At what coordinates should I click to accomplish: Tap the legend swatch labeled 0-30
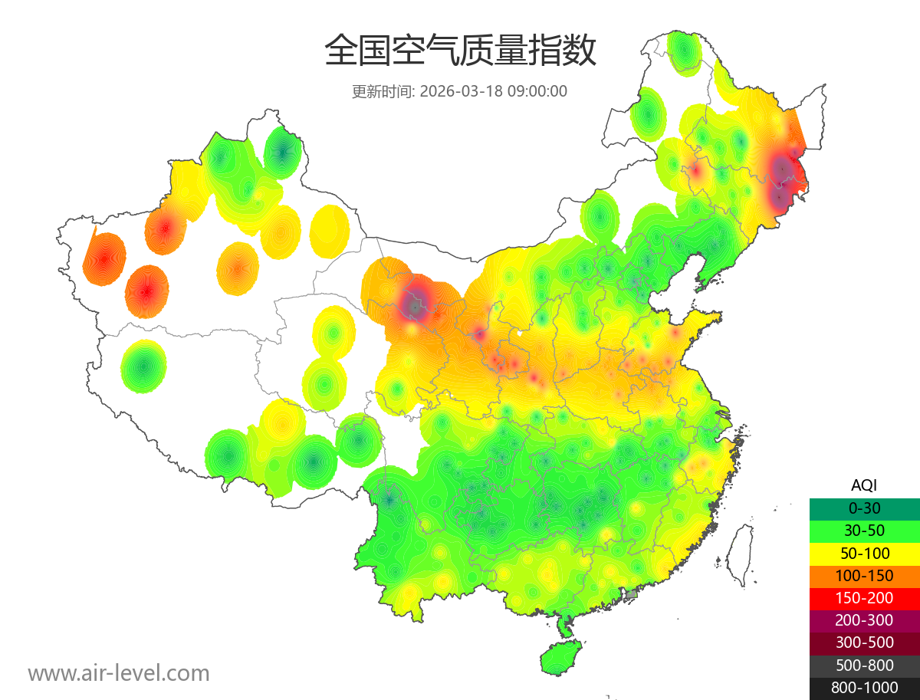[x=864, y=508]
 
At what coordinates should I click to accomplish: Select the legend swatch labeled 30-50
[x=864, y=531]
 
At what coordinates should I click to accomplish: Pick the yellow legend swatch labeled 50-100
[x=864, y=553]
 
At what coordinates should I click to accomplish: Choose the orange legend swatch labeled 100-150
[x=864, y=576]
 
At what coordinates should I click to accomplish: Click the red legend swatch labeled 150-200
[x=864, y=598]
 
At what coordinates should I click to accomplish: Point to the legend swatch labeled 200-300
[x=864, y=620]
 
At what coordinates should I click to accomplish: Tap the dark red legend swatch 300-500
[x=864, y=643]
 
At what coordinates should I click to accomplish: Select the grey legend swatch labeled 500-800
[x=864, y=665]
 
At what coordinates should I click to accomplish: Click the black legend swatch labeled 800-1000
[x=864, y=688]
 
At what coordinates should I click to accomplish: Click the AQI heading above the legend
[x=864, y=485]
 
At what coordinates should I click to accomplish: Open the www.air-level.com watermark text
[x=119, y=673]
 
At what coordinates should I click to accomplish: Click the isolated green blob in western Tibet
[x=143, y=366]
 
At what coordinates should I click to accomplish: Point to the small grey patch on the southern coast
[x=632, y=594]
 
